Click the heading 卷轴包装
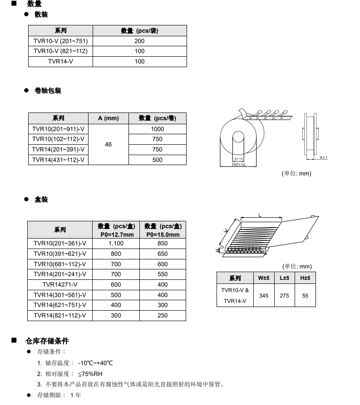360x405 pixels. tap(48, 91)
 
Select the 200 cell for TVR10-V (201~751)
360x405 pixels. tap(139, 41)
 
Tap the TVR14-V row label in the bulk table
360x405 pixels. tap(60, 61)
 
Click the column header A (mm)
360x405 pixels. tap(108, 118)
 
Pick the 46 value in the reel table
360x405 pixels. tap(108, 145)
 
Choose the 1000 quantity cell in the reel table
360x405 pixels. tap(158, 129)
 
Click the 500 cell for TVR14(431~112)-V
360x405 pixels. tap(158, 160)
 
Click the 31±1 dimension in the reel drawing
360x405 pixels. tap(238, 159)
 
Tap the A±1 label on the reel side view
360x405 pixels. tap(323, 157)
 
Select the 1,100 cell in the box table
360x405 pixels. tap(116, 244)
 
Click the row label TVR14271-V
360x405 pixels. tap(60, 285)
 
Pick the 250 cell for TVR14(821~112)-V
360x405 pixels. tap(163, 316)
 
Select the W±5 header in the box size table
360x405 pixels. tap(264, 278)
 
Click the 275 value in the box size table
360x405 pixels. tap(284, 296)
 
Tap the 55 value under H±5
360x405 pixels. tap(305, 296)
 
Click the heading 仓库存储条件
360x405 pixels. tap(47, 341)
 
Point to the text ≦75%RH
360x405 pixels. tap(90, 374)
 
